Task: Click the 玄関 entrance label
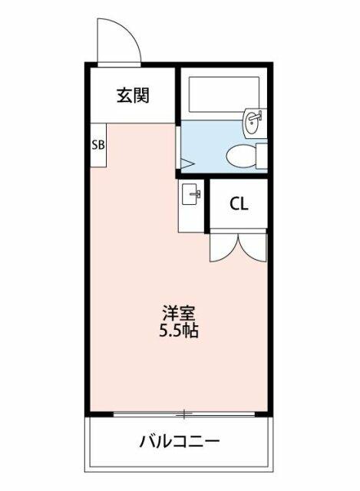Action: pos(133,95)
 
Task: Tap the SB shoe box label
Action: pos(98,145)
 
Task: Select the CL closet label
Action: pos(239,204)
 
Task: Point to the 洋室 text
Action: pos(179,314)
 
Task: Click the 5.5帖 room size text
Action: pos(179,331)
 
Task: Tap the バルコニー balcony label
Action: pos(179,442)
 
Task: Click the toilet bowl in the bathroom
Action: pos(240,157)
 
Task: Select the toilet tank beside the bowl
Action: pos(262,156)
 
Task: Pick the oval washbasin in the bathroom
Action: pos(254,123)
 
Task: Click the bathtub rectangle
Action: pos(223,94)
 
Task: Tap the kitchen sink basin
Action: pos(190,194)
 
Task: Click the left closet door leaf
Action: pos(224,247)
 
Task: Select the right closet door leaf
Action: pos(253,247)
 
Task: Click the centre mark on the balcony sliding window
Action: pos(184,414)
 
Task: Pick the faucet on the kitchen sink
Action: pos(196,194)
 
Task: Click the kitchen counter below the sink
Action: pos(191,219)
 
